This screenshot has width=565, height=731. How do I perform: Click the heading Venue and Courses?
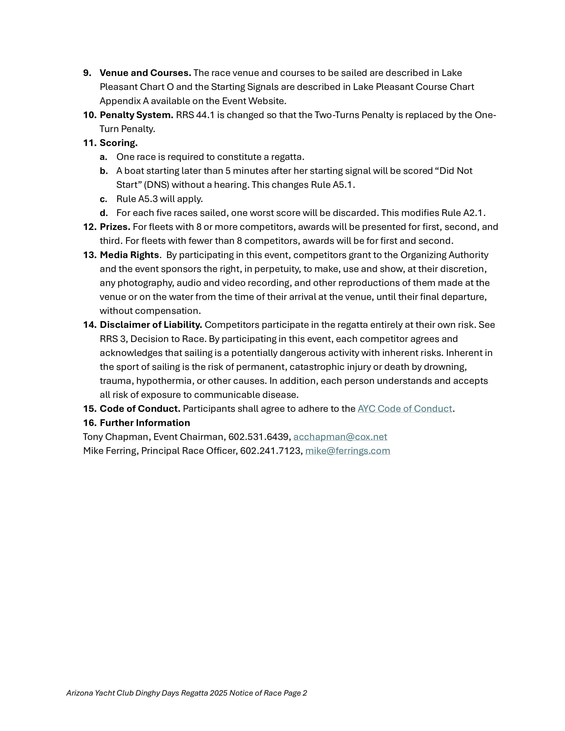[145, 73]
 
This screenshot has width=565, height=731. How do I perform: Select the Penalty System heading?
[136, 115]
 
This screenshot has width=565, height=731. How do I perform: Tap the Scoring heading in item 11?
[119, 143]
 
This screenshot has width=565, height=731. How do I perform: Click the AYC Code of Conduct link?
[405, 409]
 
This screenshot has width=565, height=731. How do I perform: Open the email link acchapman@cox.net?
[340, 437]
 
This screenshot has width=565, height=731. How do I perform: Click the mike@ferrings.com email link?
[347, 451]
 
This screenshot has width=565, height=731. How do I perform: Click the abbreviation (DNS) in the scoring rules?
[156, 185]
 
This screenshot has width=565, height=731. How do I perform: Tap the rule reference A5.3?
[148, 199]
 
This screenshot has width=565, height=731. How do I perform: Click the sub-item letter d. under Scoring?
[104, 213]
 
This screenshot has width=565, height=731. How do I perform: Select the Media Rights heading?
[129, 255]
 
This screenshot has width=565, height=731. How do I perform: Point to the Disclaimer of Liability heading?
[151, 325]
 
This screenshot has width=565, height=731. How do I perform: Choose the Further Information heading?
[145, 423]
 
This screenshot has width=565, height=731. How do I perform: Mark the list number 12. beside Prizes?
[89, 227]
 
